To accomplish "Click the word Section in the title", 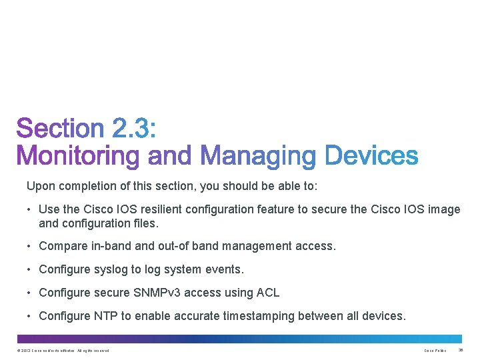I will pyautogui.click(x=60, y=129).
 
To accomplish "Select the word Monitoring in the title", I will pyautogui.click(x=79, y=156).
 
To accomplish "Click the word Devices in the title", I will pyautogui.click(x=371, y=156).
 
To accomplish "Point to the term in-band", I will pyautogui.click(x=111, y=246).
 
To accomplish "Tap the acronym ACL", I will pyautogui.click(x=267, y=293).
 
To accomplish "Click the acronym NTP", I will pyautogui.click(x=97, y=316).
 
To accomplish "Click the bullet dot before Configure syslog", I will pyautogui.click(x=30, y=269).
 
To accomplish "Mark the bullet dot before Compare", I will pyautogui.click(x=30, y=246).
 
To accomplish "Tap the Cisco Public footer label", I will pyautogui.click(x=435, y=351).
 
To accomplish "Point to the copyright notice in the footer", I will pyautogui.click(x=63, y=351).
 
